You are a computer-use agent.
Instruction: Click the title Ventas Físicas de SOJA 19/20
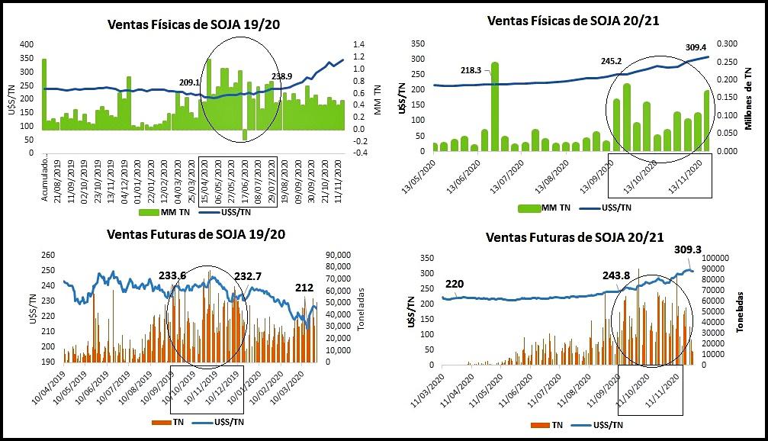[194, 24]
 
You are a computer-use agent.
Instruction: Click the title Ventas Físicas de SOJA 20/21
[572, 21]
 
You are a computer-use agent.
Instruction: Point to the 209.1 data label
[189, 82]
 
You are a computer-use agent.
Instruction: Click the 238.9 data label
[281, 76]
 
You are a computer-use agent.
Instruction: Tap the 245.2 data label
[610, 60]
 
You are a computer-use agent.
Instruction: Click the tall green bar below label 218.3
[494, 107]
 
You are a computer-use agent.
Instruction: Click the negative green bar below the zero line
[245, 134]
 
